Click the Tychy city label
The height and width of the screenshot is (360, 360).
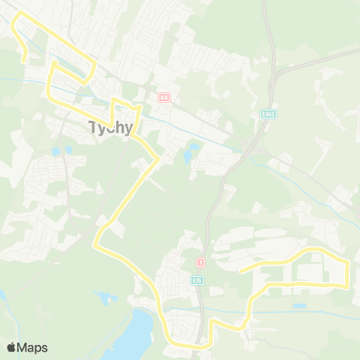[x=110, y=127]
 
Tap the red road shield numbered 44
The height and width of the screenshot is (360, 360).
[x=163, y=97]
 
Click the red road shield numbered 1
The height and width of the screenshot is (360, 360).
[x=200, y=262]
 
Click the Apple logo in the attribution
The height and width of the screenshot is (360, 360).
[x=11, y=347]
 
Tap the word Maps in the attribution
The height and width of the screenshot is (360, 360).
[x=33, y=347]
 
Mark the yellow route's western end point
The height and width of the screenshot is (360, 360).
[x=25, y=61]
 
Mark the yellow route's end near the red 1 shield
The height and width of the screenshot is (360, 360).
[x=240, y=270]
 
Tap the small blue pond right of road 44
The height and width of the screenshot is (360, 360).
[x=193, y=148]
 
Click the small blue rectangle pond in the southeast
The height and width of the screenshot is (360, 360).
[x=299, y=306]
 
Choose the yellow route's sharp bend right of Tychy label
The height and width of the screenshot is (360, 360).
[x=139, y=106]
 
